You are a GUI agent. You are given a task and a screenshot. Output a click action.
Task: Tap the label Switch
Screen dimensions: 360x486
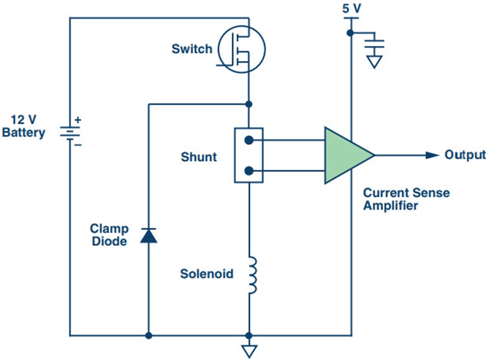point(192,49)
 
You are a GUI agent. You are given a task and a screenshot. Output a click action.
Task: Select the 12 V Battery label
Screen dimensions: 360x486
point(24,126)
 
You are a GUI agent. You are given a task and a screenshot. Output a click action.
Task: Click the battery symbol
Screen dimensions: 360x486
point(69,132)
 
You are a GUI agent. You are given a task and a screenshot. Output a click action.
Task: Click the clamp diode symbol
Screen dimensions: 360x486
point(148,235)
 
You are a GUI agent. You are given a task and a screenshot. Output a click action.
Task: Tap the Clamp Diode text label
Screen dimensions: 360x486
point(109,235)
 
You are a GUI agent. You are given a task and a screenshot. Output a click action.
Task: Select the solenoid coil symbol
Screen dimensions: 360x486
point(251,275)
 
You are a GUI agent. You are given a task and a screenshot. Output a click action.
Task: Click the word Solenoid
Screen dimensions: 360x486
point(207,274)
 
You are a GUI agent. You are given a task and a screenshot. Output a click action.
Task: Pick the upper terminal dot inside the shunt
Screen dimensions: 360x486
point(248,141)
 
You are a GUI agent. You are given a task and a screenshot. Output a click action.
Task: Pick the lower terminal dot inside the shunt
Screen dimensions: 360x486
point(248,171)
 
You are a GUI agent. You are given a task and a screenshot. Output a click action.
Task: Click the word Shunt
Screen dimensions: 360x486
point(199,157)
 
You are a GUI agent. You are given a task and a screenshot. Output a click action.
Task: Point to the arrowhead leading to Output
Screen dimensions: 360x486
point(432,155)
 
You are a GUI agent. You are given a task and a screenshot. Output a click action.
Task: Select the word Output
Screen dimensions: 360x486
point(464,155)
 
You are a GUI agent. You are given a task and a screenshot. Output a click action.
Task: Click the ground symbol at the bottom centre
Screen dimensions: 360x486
point(248,350)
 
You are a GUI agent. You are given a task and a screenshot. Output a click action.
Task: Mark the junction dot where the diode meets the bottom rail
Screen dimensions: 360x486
point(148,335)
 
